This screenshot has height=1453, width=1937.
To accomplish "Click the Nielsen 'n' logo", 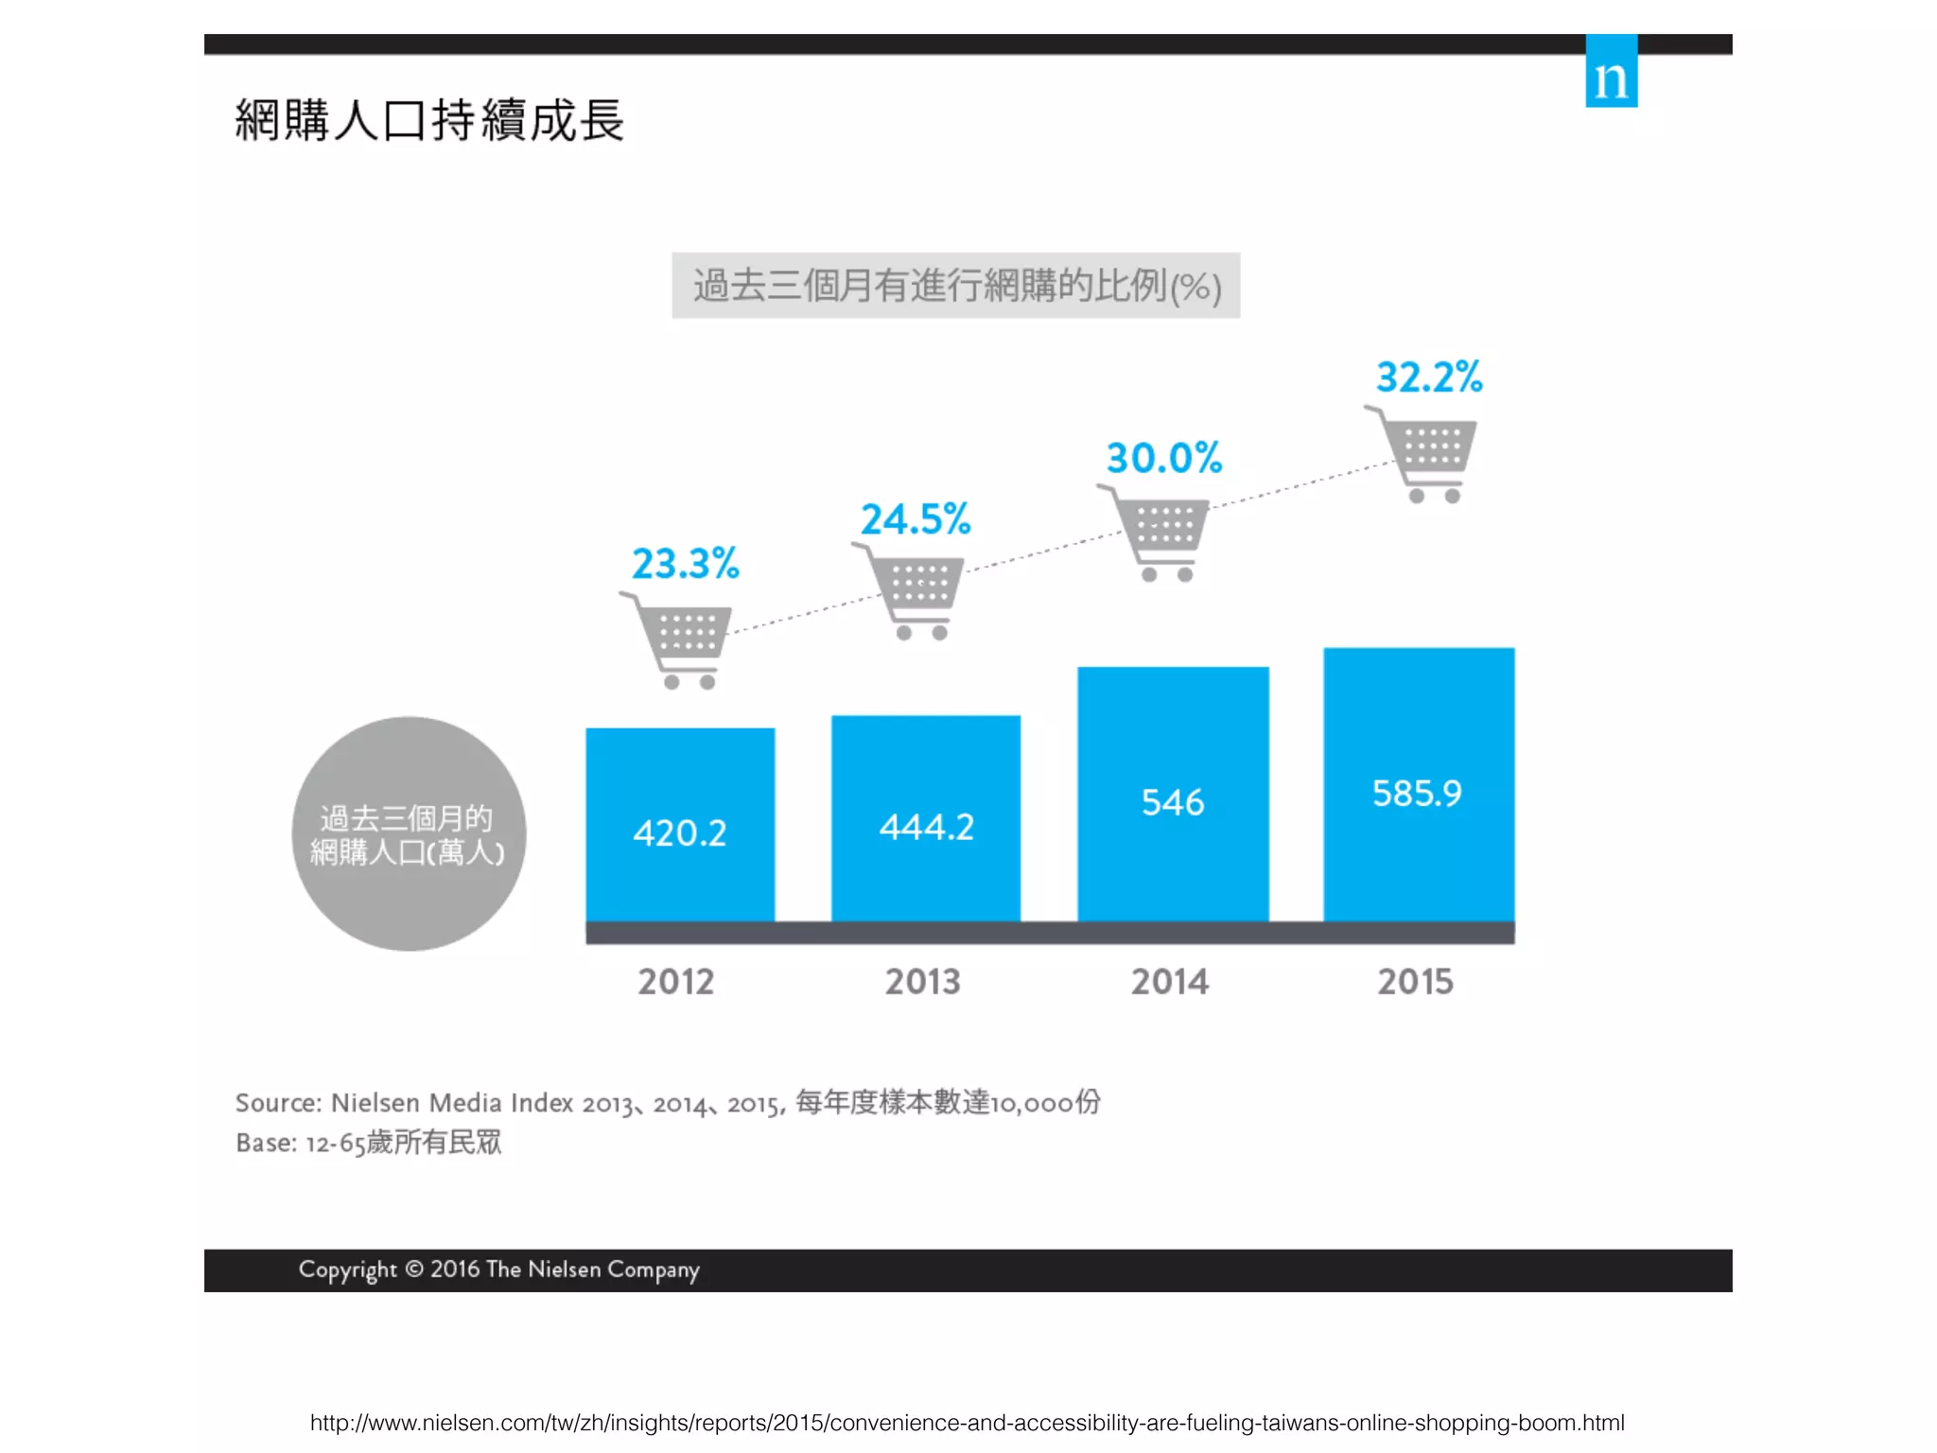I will [1611, 72].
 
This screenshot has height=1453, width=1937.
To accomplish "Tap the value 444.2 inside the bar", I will [926, 828].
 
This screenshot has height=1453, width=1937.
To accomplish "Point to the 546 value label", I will [1173, 802].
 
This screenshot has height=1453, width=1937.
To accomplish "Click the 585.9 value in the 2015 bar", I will [1417, 793].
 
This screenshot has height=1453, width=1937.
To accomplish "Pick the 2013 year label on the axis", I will [922, 982].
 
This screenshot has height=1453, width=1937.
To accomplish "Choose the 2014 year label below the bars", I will [1170, 982].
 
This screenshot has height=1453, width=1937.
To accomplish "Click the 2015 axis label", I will [1415, 982].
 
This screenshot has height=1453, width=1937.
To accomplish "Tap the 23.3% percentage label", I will [685, 564].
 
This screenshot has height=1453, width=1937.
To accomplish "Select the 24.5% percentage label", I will [915, 519].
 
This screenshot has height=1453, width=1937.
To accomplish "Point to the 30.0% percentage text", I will [1164, 458].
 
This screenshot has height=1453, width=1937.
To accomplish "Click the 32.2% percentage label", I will [1428, 377].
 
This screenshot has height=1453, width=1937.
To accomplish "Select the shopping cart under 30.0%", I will [1159, 533].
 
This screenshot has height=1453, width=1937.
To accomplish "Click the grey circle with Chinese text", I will [409, 833].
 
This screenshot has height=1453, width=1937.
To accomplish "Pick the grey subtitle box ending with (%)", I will [955, 286].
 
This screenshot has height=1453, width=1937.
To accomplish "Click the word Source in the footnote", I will [277, 1103].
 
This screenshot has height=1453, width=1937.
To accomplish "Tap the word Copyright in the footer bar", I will [347, 1269].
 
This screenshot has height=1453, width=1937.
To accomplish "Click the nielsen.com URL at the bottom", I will [967, 1423].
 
